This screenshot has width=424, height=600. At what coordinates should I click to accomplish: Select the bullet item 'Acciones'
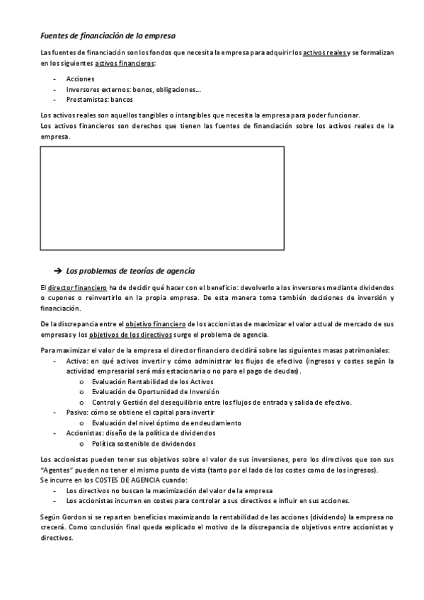80,79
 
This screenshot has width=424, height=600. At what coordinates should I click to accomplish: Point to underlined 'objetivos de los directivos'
131,335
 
